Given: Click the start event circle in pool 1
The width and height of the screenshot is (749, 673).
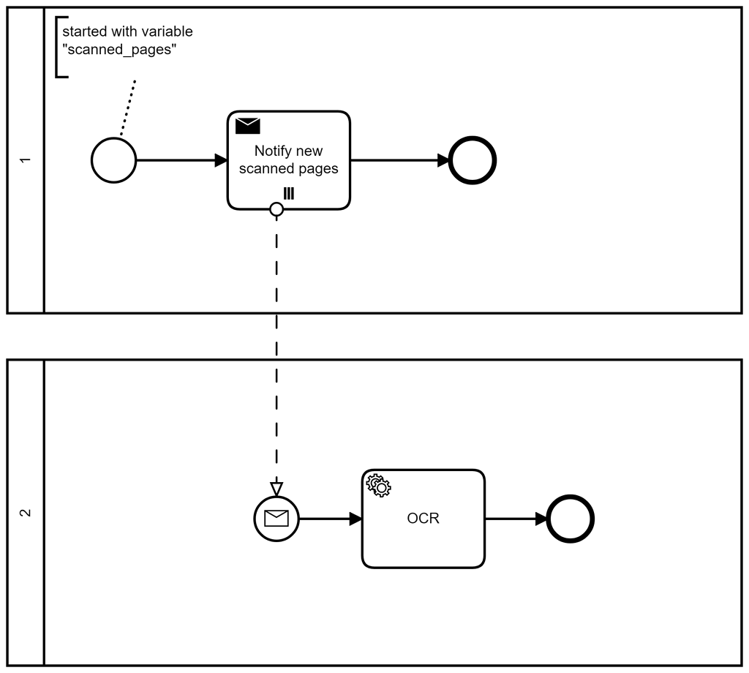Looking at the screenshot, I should pyautogui.click(x=113, y=160).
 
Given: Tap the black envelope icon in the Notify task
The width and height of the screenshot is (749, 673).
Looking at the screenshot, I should pyautogui.click(x=247, y=126).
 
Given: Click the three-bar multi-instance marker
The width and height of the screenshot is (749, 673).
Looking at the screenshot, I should pyautogui.click(x=289, y=193).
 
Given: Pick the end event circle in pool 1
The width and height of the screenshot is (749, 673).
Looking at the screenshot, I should pyautogui.click(x=473, y=160).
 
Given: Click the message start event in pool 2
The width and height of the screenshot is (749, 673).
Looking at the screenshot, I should pyautogui.click(x=276, y=519).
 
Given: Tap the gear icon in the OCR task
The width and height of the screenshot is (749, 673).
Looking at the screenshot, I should pyautogui.click(x=378, y=486).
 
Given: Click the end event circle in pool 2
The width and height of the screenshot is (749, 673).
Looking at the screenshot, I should pyautogui.click(x=571, y=519).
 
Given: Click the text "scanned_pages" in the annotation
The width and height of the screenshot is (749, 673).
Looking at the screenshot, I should pyautogui.click(x=119, y=50).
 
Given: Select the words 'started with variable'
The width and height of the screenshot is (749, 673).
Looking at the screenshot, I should pyautogui.click(x=127, y=32).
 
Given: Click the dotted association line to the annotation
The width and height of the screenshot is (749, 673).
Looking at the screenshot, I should pyautogui.click(x=128, y=107).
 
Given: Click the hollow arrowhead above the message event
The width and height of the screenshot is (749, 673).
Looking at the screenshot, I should pyautogui.click(x=276, y=488).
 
